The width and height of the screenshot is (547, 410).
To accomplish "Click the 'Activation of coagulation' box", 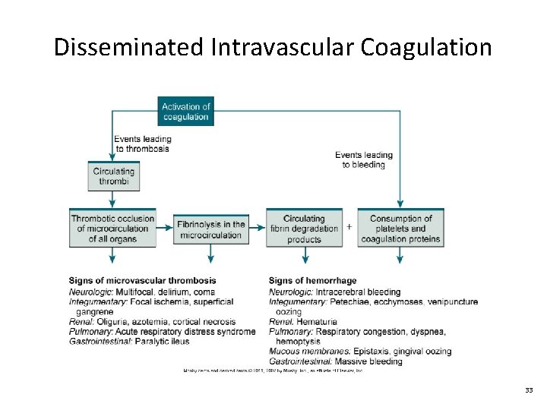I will pyautogui.click(x=185, y=112).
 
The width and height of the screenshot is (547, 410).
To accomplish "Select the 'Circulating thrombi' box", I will pyautogui.click(x=112, y=176).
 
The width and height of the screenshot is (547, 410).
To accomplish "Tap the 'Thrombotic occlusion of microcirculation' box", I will pyautogui.click(x=112, y=229).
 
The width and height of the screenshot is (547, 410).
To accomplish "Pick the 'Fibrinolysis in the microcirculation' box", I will pyautogui.click(x=211, y=229).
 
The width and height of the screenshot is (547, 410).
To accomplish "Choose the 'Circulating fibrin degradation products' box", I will pyautogui.click(x=304, y=229).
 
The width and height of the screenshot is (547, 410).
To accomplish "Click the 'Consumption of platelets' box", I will pyautogui.click(x=400, y=229).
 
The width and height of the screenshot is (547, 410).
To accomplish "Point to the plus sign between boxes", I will pyautogui.click(x=349, y=226).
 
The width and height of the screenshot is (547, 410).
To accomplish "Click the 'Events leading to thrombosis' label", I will pyautogui.click(x=143, y=143).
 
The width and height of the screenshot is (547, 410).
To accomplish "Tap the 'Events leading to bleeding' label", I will pyautogui.click(x=364, y=159).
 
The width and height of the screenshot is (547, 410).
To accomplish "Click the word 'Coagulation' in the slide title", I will pyautogui.click(x=426, y=48).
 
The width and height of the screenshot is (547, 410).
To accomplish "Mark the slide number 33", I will pyautogui.click(x=528, y=389).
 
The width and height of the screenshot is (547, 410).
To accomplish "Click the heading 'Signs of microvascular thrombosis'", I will pyautogui.click(x=142, y=281).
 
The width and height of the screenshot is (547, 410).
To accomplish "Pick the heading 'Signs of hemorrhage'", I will pyautogui.click(x=312, y=281).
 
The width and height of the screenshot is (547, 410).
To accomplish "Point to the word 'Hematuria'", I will pyautogui.click(x=316, y=322).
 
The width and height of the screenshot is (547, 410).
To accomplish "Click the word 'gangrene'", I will pyautogui.click(x=94, y=311).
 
